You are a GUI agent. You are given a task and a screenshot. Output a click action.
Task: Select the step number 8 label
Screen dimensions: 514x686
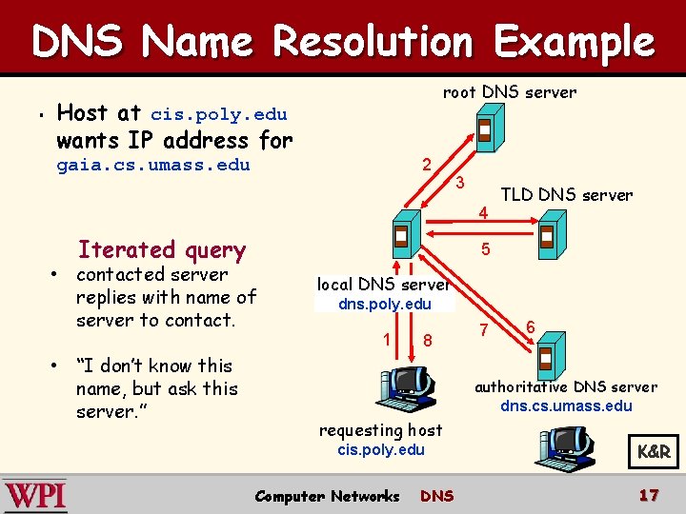[x=428, y=340]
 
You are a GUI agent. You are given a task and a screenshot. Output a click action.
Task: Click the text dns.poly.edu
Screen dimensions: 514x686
[x=385, y=305]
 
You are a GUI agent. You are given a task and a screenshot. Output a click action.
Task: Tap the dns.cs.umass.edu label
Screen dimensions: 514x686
[x=566, y=406]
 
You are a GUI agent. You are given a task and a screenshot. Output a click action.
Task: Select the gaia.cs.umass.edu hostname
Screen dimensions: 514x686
[x=152, y=165]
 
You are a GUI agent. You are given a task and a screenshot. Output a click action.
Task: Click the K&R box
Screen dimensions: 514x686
[x=654, y=452]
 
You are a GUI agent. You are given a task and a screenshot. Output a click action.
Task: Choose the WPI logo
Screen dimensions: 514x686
[x=35, y=496]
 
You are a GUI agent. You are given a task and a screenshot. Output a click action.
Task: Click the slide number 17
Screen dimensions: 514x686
[x=649, y=495]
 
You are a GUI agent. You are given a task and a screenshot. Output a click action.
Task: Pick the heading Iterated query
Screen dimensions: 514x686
[x=162, y=249]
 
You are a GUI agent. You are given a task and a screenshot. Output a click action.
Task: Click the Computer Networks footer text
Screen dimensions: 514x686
[x=327, y=496]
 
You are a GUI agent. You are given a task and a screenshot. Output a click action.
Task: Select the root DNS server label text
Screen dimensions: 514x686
[x=509, y=92]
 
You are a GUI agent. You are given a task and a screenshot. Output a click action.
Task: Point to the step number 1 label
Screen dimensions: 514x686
[x=386, y=339]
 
